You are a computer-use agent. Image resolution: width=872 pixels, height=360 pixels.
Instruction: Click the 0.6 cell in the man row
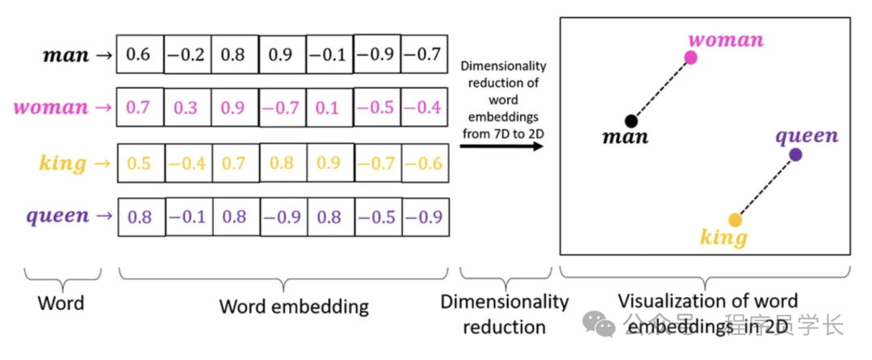139,55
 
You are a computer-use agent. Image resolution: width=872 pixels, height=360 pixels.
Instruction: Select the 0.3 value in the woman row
187,107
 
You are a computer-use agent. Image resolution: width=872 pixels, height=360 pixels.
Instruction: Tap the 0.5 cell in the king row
139,163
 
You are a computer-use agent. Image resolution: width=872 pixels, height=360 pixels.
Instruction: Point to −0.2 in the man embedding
187,55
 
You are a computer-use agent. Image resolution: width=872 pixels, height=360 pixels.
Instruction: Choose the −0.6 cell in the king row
424,163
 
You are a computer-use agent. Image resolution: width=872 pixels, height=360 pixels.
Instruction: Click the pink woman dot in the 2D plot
690,57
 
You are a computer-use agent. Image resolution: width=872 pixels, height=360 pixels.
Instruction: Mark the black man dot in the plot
631,121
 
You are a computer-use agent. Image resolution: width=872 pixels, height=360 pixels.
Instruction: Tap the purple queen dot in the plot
795,154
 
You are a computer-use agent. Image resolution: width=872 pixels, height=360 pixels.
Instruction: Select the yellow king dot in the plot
735,220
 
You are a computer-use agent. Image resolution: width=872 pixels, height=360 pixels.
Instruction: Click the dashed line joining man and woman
661,89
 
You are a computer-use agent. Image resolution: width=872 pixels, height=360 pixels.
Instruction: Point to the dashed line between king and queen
765,186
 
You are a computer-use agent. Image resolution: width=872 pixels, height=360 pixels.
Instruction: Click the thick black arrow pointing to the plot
501,148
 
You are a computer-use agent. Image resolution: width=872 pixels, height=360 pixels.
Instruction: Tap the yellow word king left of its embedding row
62,164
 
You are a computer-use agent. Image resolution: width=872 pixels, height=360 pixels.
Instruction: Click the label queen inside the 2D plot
807,135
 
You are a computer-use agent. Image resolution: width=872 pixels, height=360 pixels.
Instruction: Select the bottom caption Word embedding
294,307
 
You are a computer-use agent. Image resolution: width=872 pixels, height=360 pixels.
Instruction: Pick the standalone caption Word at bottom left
61,304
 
